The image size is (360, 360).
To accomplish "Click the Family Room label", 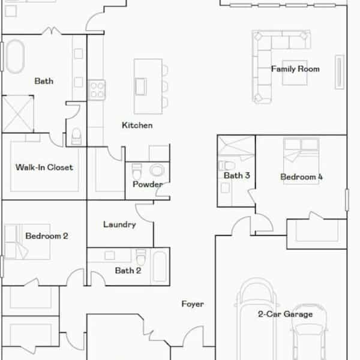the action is click(x=295, y=69).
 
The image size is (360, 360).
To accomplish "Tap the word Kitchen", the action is click(x=137, y=125).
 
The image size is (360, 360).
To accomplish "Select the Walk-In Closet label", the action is click(x=44, y=167).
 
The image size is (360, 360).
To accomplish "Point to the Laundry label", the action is click(x=119, y=224).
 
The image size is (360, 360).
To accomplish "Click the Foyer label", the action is click(x=193, y=304).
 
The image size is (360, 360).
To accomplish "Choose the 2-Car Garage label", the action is click(x=285, y=314).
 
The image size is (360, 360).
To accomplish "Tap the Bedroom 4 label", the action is click(x=301, y=177).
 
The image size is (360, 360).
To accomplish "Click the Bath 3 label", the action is click(x=237, y=175).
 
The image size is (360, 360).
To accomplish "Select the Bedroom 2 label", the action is click(x=47, y=236).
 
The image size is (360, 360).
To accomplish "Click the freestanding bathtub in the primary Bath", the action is click(x=15, y=56).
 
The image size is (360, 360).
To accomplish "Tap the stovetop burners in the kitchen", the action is click(x=97, y=90).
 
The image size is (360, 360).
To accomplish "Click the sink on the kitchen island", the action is click(x=141, y=86).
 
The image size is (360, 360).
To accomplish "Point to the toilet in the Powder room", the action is click(x=137, y=171).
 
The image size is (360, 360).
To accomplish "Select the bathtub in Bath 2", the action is click(x=160, y=266).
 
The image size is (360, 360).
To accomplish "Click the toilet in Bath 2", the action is click(x=141, y=257).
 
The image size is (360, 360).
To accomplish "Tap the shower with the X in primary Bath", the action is click(x=17, y=114).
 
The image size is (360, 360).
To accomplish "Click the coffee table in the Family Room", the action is click(x=295, y=73).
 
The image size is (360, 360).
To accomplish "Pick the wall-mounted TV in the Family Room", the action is click(x=340, y=72).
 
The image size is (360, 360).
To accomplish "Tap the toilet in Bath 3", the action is click(x=226, y=166).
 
